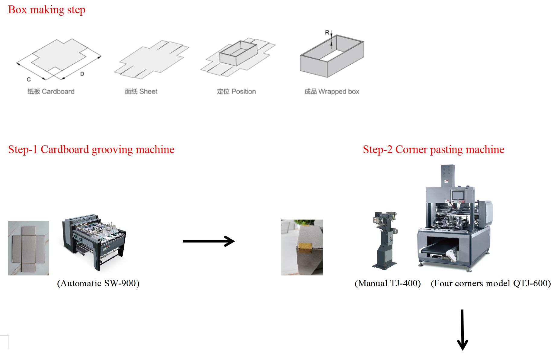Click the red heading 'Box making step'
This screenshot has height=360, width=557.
(46, 10)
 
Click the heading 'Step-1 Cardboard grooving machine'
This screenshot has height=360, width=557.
(91, 149)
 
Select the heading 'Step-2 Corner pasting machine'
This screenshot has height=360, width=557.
(433, 149)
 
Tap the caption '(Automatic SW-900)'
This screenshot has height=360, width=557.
(98, 283)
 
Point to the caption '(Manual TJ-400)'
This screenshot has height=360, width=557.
(388, 283)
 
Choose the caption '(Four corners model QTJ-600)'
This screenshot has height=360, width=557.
(491, 283)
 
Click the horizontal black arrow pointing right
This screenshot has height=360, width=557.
(208, 241)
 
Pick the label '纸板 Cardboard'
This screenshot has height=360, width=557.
(51, 92)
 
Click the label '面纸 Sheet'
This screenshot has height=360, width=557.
(141, 92)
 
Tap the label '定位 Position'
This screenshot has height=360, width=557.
(236, 92)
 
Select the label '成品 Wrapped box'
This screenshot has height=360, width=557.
(331, 92)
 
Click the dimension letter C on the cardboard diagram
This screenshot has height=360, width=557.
(29, 79)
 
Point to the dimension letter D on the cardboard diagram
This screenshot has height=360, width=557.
(82, 74)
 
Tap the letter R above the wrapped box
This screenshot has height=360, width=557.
(327, 32)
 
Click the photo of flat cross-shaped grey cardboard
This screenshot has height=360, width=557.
(28, 248)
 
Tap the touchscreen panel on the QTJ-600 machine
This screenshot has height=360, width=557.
(458, 196)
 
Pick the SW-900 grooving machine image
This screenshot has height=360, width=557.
(94, 242)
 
